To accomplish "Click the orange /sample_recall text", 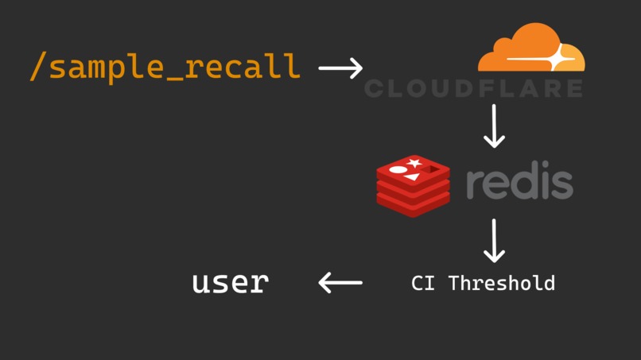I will point(165,67).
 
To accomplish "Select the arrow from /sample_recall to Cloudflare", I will point(340,68).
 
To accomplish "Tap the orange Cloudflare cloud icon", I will point(531,49).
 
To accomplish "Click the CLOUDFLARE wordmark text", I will point(473,88).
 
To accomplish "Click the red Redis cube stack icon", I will point(413,186).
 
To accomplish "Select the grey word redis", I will point(519,183).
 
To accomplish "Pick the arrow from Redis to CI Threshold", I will point(494,241).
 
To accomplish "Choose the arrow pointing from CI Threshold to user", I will point(340,282).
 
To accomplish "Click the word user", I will point(230,282).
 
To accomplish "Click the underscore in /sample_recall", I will point(174,77).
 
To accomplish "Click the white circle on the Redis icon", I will point(397,170).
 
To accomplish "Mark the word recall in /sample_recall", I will point(243,67).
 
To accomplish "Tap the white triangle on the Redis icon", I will point(412,176).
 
